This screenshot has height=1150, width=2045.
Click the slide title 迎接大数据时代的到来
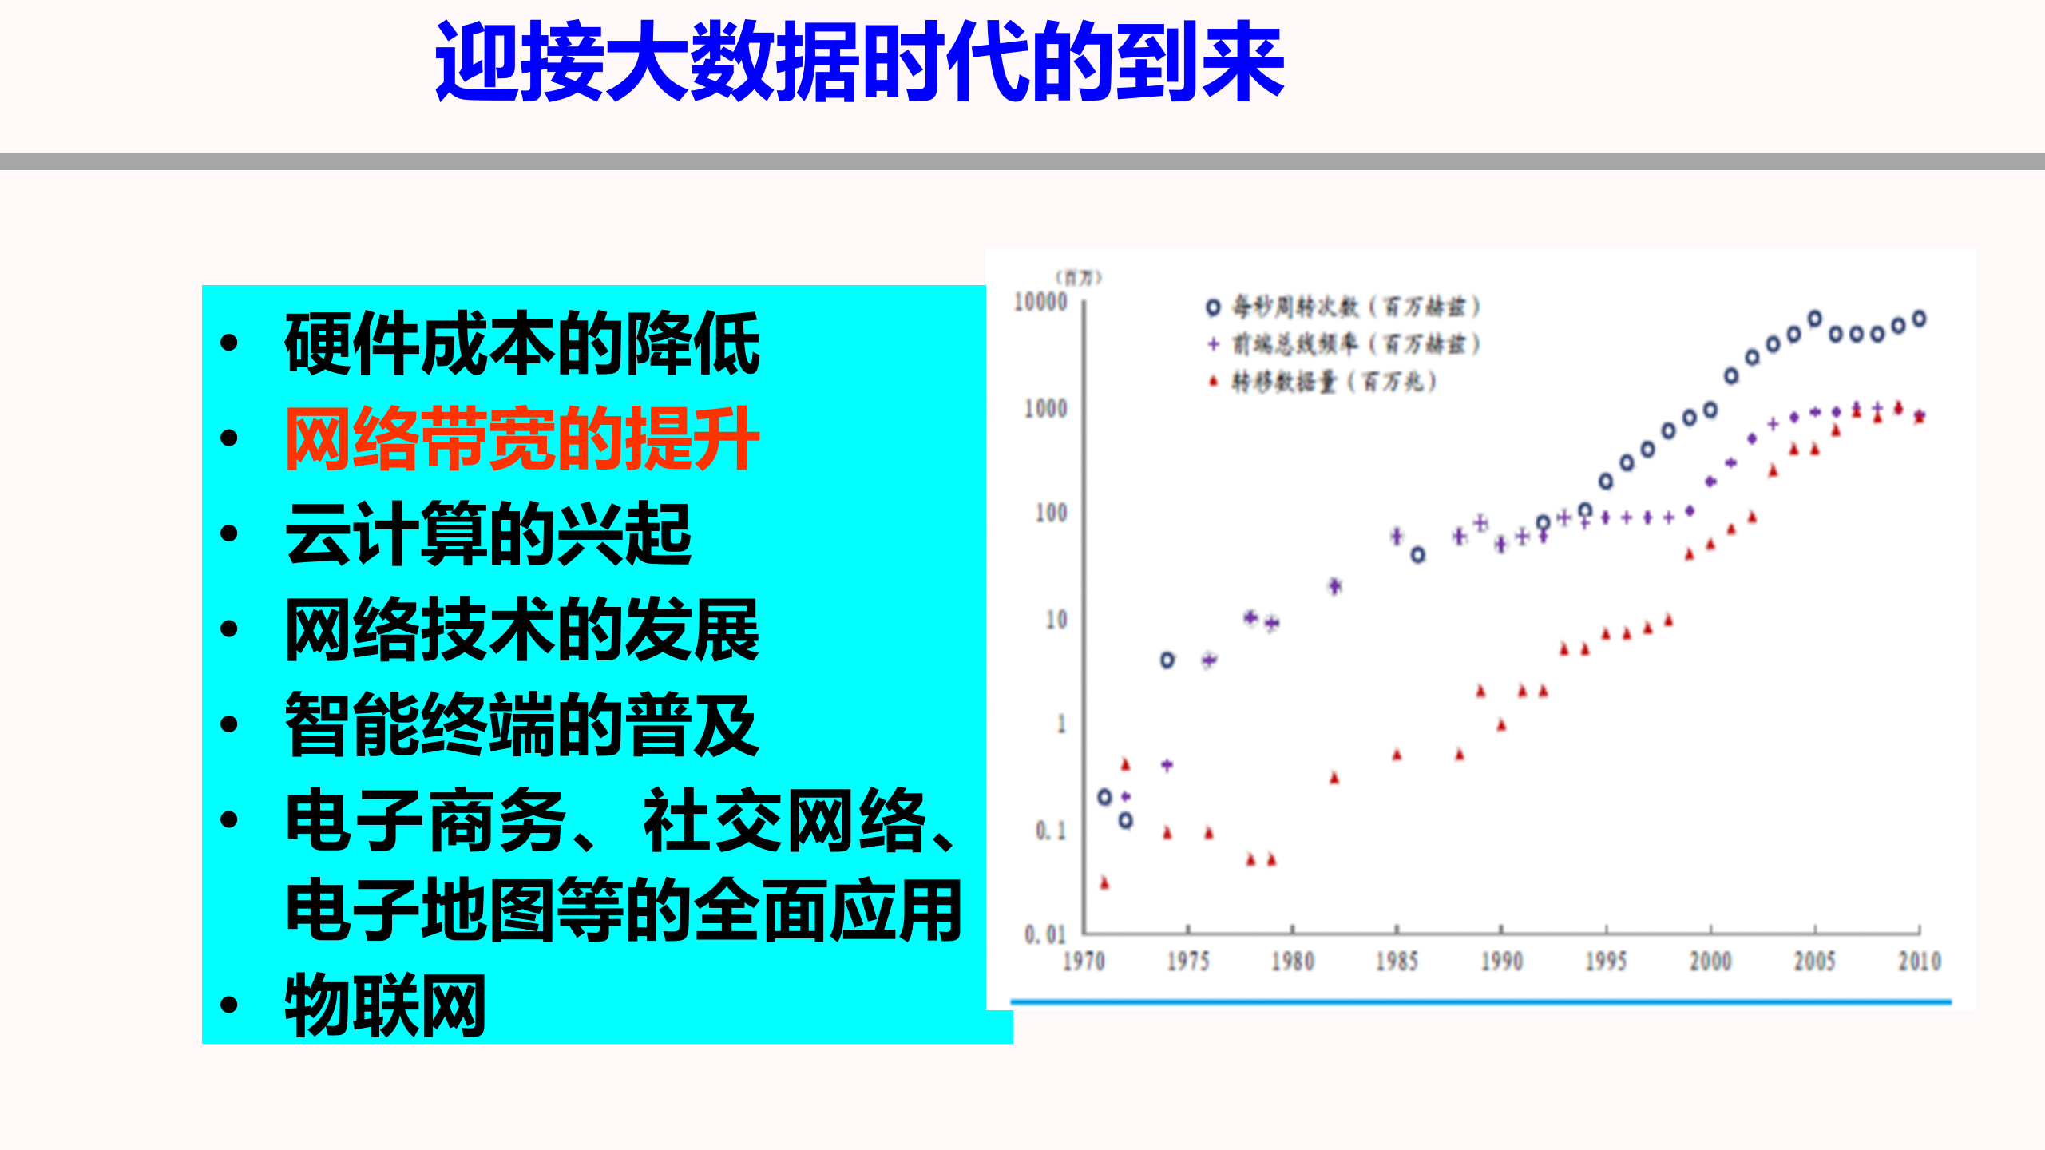pos(859,62)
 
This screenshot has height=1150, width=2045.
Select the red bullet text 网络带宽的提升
pos(521,438)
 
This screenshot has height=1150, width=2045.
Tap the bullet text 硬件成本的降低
pos(521,343)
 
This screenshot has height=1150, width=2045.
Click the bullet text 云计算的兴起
pos(488,533)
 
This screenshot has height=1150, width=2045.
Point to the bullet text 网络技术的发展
pos(521,629)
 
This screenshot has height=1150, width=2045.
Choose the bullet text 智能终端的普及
pos(521,724)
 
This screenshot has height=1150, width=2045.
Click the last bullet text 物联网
pos(386,1005)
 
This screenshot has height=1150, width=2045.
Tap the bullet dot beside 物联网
pos(229,1005)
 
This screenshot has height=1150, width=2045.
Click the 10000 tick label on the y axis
pos(1040,302)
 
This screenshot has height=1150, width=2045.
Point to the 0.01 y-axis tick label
pos(1044,934)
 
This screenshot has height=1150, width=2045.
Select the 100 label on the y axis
pos(1050,513)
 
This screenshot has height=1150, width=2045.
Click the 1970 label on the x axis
pos(1084,961)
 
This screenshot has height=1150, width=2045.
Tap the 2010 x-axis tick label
pos(1919,961)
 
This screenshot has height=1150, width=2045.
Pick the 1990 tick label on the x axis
pos(1501,961)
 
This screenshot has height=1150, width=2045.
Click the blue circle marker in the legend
pos(1213,307)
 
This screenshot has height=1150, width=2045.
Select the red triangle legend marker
pos(1213,382)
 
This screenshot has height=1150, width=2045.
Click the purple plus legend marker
pos(1213,344)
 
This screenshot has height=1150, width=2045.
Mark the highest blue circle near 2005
pos(1814,319)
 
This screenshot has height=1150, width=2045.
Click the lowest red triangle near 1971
pos(1104,882)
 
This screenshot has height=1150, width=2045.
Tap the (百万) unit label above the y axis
pos(1078,277)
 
